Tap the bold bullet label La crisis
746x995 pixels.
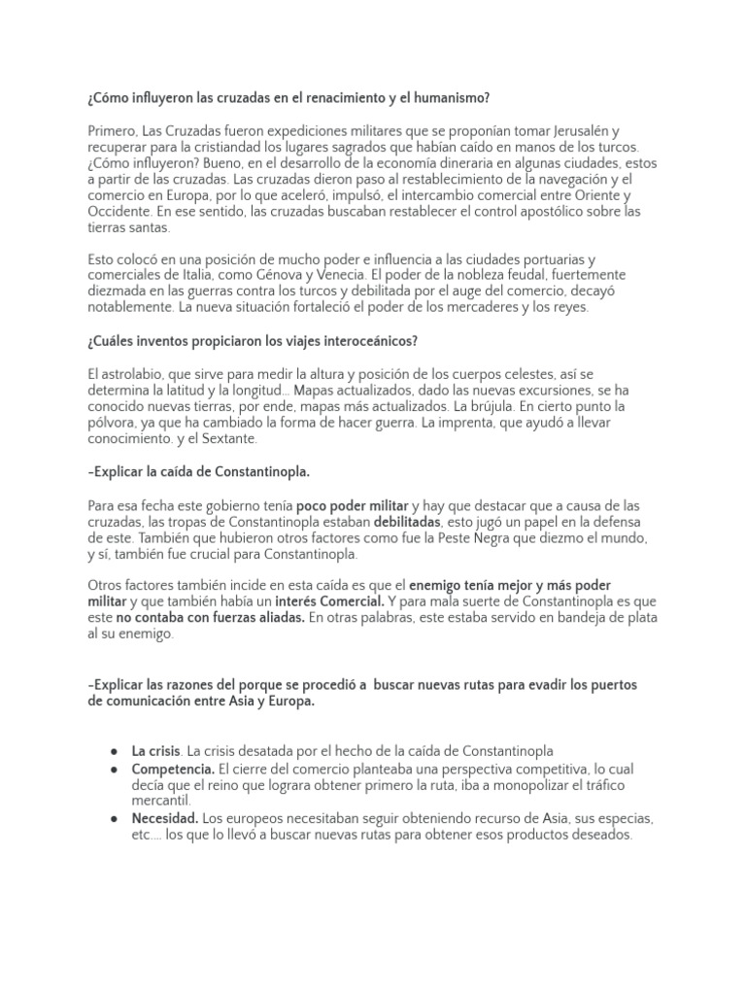click(x=155, y=751)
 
